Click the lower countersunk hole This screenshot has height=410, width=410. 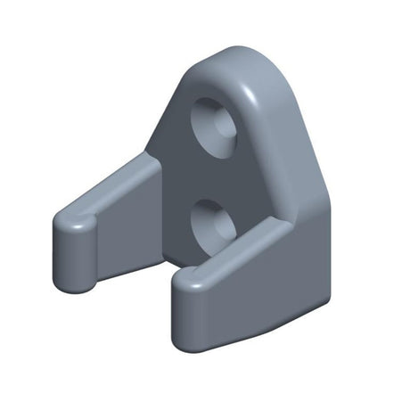(x=213, y=223)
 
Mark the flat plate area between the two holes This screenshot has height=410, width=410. (x=201, y=174)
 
